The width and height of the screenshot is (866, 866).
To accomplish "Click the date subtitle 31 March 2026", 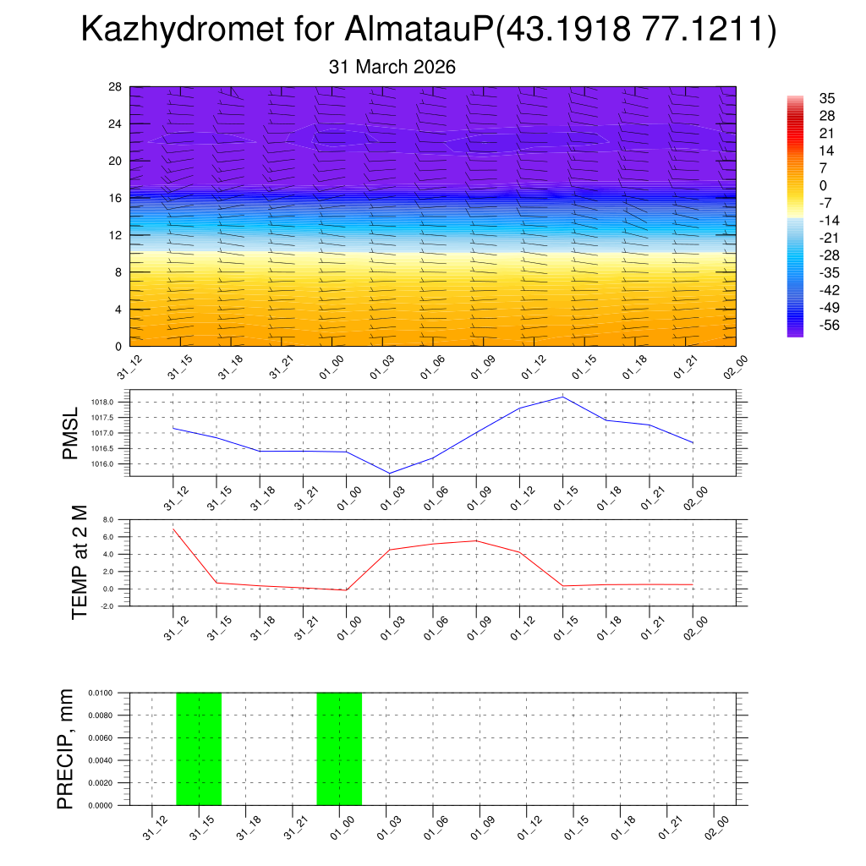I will point(392,67).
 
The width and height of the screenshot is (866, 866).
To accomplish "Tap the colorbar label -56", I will point(830,325).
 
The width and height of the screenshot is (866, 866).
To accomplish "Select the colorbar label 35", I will point(827,98).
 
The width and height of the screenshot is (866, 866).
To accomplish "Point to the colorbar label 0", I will point(823,185).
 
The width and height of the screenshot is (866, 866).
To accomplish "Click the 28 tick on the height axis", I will point(116,87).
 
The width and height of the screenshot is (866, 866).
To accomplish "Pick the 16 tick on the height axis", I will point(116,198).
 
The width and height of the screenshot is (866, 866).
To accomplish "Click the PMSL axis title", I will point(70,433).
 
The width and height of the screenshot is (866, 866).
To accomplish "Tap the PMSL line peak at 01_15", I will point(562,397).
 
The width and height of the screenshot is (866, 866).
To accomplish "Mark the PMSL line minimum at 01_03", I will point(390,474).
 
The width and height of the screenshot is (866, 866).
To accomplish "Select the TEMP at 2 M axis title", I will point(79,562).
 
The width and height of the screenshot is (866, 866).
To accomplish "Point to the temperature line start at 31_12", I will point(173,529).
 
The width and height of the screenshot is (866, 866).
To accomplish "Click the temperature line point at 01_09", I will point(476,540).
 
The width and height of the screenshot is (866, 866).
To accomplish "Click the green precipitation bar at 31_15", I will point(199,748).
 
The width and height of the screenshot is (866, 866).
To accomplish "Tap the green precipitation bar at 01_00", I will point(339,748).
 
